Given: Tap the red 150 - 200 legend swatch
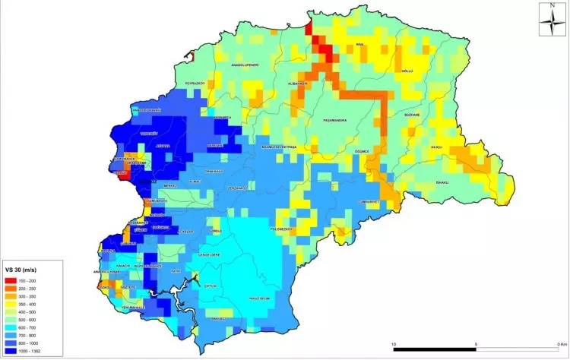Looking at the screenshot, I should pos(11,281).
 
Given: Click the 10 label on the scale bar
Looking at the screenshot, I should pos(394,343).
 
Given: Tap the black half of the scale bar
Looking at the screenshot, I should pos(435,350).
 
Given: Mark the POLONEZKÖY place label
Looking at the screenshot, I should pos(281,228).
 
